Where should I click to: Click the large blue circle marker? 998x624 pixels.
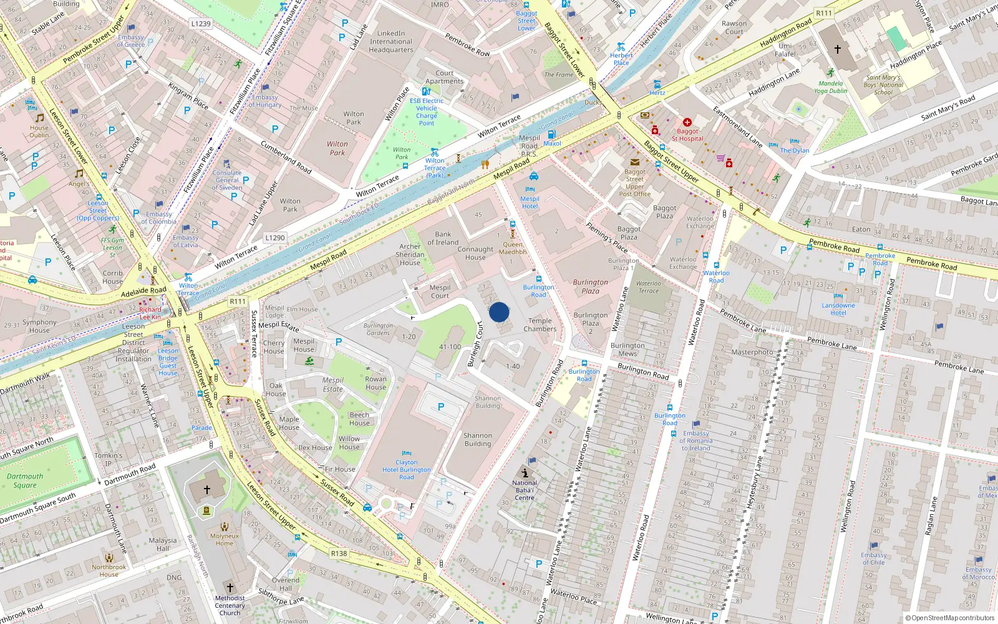(x=499, y=312)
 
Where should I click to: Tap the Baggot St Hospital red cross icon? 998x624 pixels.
(x=687, y=122)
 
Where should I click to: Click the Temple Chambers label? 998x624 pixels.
(x=540, y=325)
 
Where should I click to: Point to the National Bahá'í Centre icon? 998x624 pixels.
(x=525, y=472)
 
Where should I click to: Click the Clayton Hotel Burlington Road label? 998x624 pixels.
(x=406, y=470)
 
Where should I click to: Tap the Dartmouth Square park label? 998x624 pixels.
(x=25, y=480)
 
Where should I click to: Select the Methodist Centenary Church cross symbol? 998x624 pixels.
(x=230, y=587)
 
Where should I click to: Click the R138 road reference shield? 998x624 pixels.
(x=339, y=553)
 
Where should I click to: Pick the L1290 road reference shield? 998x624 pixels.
(x=274, y=238)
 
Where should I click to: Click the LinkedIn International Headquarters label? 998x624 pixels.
(x=391, y=42)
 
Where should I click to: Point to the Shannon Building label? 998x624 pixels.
(x=478, y=440)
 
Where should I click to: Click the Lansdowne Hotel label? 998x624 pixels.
(x=838, y=309)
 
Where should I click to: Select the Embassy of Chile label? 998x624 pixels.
(x=873, y=558)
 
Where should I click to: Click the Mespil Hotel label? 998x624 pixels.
(x=530, y=202)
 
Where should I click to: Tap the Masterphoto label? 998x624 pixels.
(x=752, y=352)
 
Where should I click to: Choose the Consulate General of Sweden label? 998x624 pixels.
(x=227, y=180)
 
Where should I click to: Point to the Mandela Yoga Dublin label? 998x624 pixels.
(x=830, y=87)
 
